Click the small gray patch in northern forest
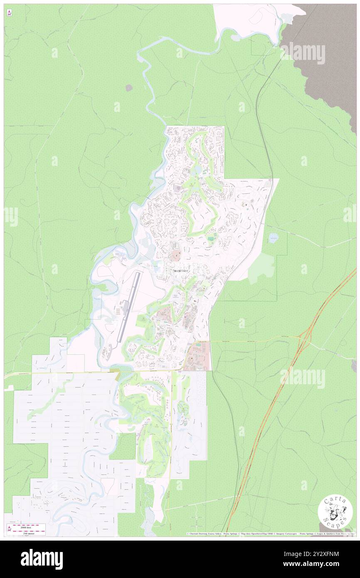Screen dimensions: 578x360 tap(129, 88)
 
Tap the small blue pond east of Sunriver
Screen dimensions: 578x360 tap(273, 238)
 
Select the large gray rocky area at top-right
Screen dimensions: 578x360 tap(328, 62)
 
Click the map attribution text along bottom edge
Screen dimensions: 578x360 tap(270, 534)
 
